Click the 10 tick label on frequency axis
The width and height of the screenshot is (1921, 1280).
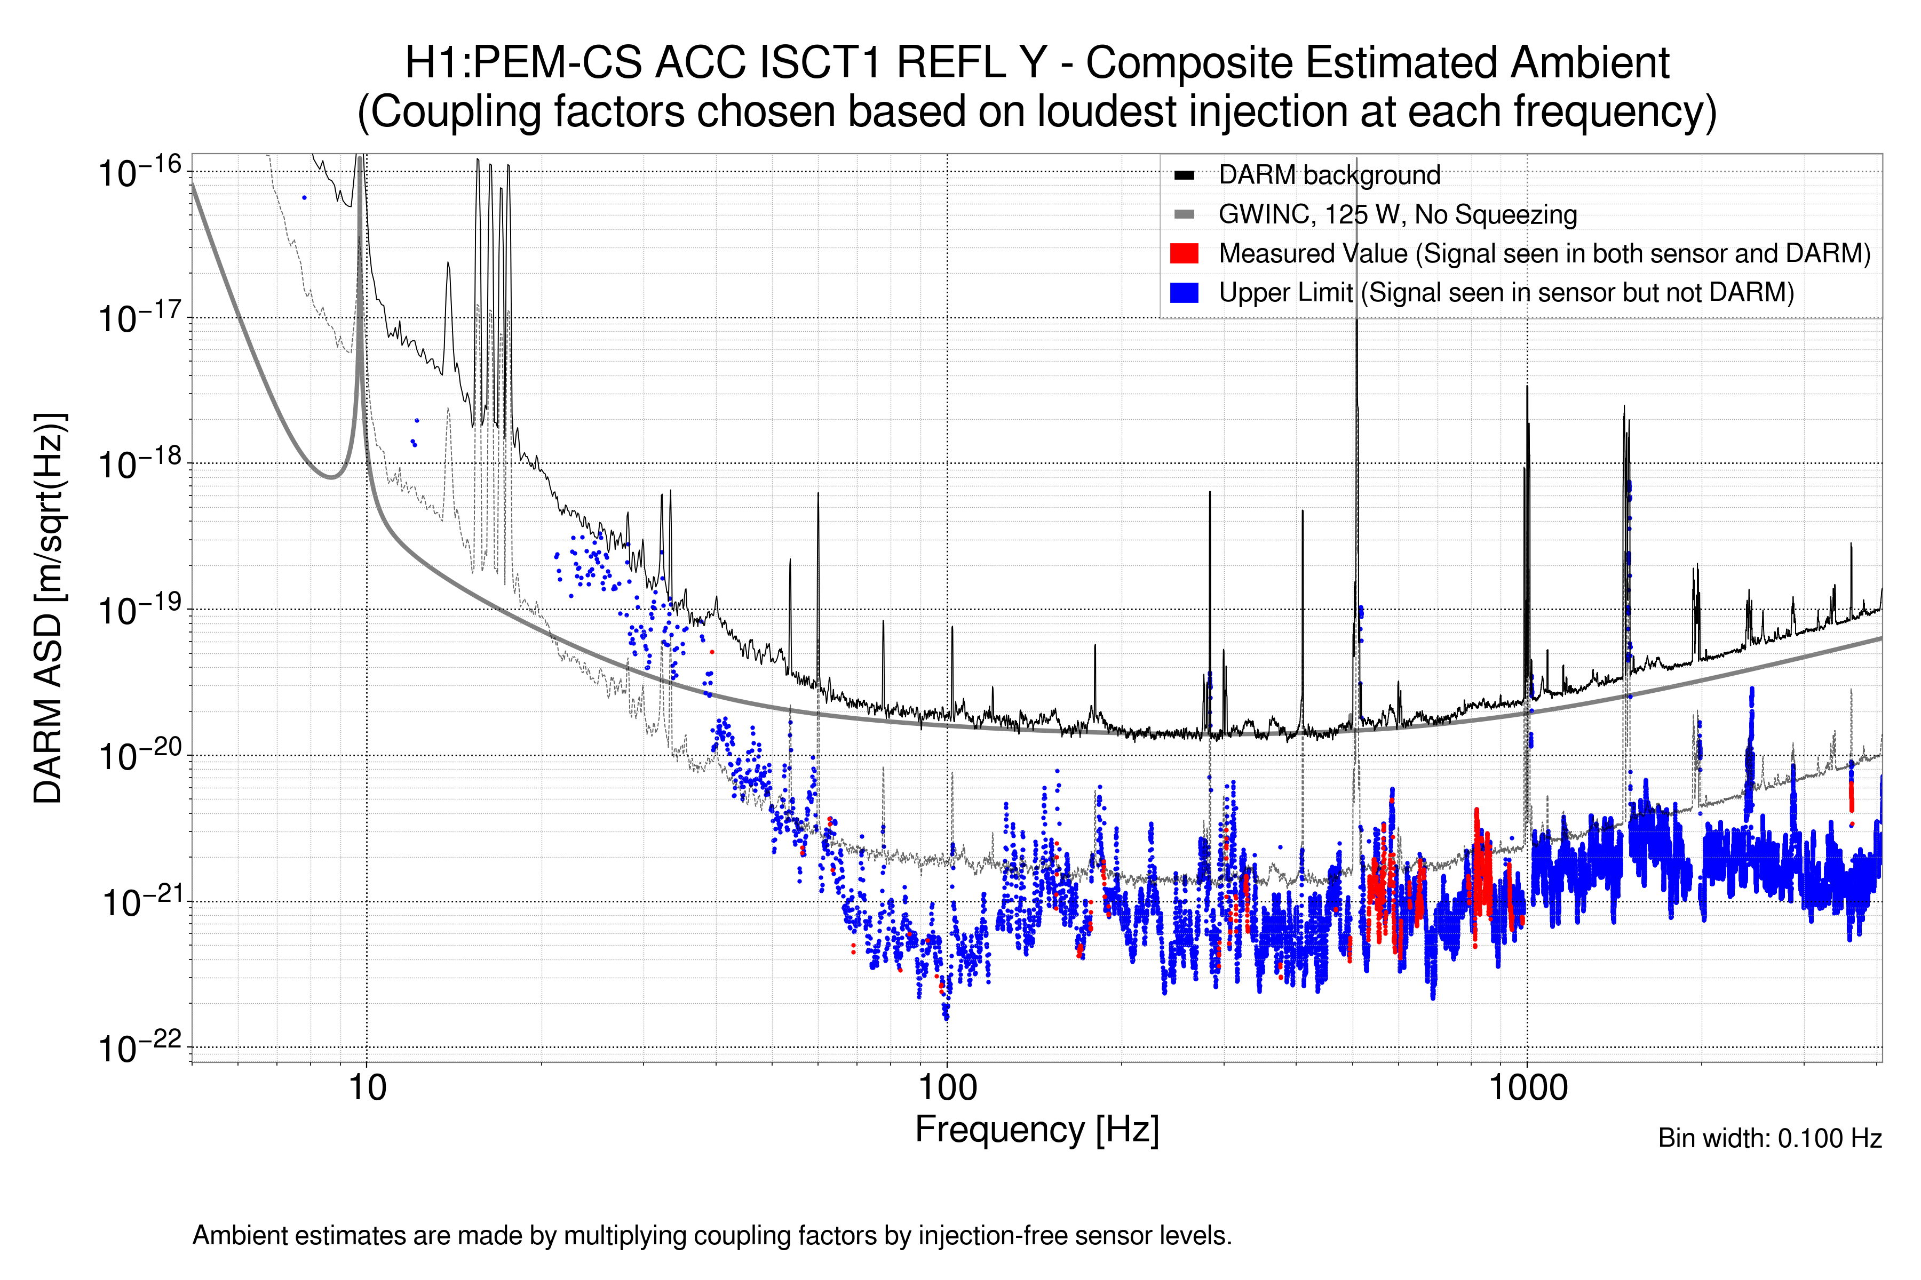tap(367, 1088)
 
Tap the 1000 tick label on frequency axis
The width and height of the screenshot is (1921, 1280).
tap(1527, 1088)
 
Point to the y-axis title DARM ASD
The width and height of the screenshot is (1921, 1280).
tap(49, 608)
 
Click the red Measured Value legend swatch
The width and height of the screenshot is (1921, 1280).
tap(1184, 253)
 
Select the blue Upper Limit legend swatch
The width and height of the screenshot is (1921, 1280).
tap(1184, 292)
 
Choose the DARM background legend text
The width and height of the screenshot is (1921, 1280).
tap(1329, 175)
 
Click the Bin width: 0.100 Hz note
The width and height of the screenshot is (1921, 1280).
tap(1769, 1138)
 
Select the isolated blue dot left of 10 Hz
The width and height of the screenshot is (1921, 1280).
tap(305, 197)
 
